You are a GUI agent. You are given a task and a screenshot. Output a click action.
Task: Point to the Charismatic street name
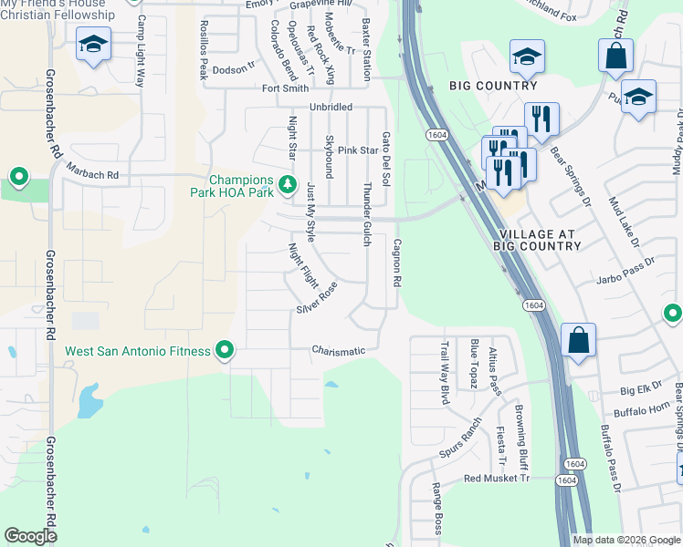tap(338, 350)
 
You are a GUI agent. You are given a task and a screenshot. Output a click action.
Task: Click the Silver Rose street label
tap(317, 298)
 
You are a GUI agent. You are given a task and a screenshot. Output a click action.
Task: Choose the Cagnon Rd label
tap(397, 263)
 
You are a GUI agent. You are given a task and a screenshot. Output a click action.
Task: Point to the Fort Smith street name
tap(285, 88)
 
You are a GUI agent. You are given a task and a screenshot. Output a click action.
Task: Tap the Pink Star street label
tap(358, 150)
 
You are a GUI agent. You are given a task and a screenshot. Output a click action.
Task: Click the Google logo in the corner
tap(30, 536)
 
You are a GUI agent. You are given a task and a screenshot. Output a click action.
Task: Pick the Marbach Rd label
tap(93, 170)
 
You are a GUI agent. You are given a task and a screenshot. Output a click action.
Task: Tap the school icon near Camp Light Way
tap(93, 46)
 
